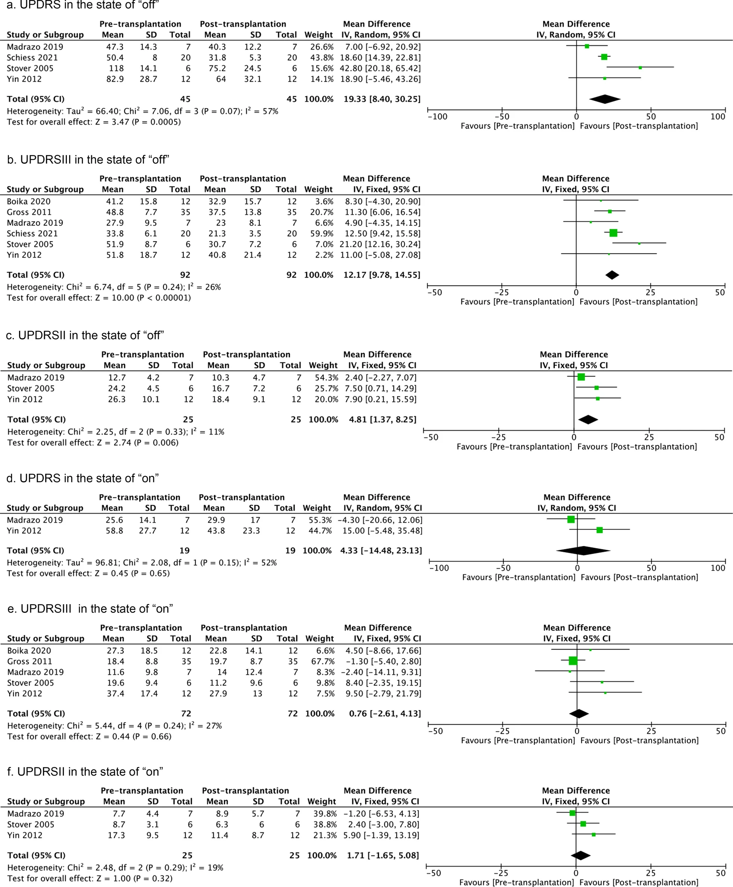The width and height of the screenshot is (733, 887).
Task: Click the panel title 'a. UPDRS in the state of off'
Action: [83, 5]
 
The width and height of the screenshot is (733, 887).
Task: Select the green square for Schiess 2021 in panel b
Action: [613, 233]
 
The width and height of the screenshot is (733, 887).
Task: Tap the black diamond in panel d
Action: [583, 550]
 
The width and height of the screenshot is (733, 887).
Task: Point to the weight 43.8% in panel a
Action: [323, 58]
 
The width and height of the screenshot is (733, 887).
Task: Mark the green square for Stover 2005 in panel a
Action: [640, 68]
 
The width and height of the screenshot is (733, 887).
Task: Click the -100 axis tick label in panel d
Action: [439, 568]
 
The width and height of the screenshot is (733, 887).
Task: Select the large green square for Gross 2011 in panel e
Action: [573, 661]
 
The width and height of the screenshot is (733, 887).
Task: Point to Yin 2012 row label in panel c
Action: [25, 399]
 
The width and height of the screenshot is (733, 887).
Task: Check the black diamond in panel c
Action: [588, 420]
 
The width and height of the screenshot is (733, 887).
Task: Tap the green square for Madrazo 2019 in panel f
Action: [572, 813]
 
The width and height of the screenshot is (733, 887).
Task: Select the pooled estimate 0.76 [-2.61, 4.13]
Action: [385, 713]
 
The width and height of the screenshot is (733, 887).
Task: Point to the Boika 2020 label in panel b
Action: [28, 202]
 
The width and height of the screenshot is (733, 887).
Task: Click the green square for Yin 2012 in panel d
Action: [599, 530]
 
